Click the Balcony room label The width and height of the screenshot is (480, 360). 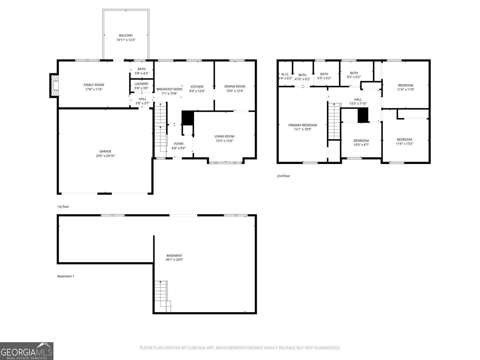pyautogui.click(x=126, y=35)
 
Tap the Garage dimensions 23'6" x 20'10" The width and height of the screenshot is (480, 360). pyautogui.click(x=105, y=156)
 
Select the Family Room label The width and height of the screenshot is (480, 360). pyautogui.click(x=94, y=85)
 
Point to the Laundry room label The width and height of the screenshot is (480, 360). pyautogui.click(x=141, y=84)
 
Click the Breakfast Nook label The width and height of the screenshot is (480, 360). pyautogui.click(x=169, y=89)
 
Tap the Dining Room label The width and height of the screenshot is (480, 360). pyautogui.click(x=235, y=86)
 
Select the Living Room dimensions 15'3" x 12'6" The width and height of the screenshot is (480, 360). pyautogui.click(x=224, y=141)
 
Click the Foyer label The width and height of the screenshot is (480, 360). pyautogui.click(x=178, y=144)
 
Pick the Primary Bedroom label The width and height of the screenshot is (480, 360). pyautogui.click(x=302, y=125)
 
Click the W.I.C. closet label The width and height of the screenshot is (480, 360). pyautogui.click(x=285, y=74)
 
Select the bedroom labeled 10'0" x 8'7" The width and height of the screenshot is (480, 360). pyautogui.click(x=361, y=142)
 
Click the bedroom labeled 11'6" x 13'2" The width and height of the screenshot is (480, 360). pyautogui.click(x=404, y=141)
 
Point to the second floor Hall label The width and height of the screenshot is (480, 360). pyautogui.click(x=358, y=99)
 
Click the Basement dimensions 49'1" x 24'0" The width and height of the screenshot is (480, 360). pyautogui.click(x=174, y=259)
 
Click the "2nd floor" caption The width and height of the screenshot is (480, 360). pyautogui.click(x=283, y=176)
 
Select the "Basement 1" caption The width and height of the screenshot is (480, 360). pyautogui.click(x=65, y=276)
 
